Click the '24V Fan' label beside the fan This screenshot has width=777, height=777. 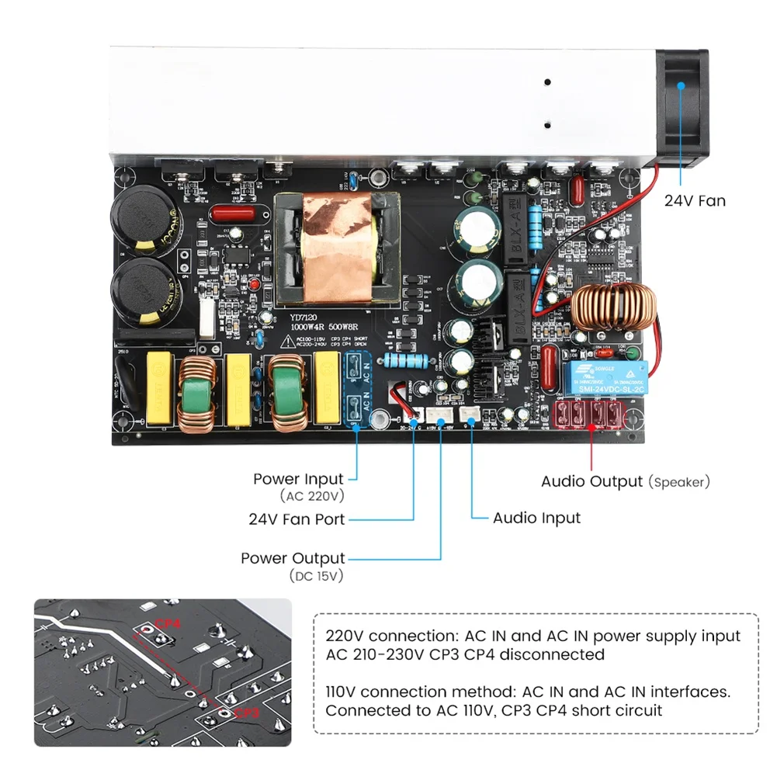(695, 201)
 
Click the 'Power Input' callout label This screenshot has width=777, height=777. (298, 479)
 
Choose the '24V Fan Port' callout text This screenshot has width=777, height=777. (297, 519)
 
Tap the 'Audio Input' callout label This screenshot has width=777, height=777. (536, 517)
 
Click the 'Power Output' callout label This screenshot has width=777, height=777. (293, 558)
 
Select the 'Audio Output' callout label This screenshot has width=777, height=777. (591, 481)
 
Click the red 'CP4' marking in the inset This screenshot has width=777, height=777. (167, 623)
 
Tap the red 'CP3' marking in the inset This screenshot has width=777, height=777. (245, 713)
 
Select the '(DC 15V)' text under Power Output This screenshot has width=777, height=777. (316, 576)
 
